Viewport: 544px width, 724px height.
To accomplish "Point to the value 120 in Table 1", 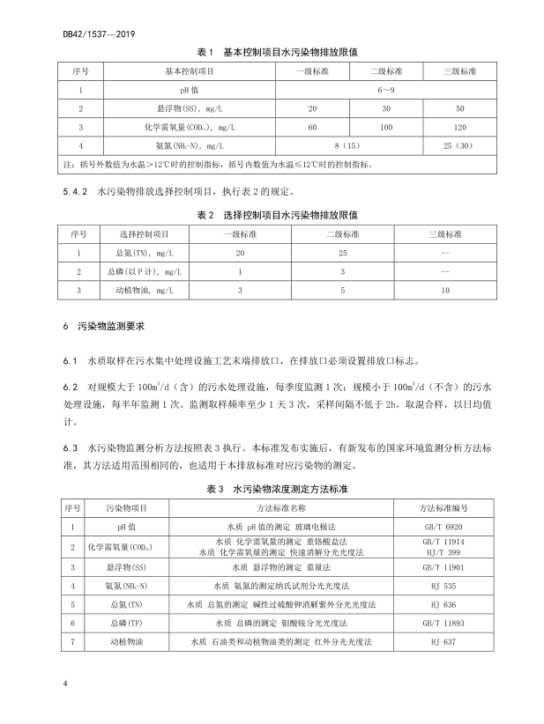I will pyautogui.click(x=458, y=127).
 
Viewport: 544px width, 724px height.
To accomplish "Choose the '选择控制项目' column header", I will pyautogui.click(x=144, y=233).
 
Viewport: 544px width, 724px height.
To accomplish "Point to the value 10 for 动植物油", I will pyautogui.click(x=445, y=289).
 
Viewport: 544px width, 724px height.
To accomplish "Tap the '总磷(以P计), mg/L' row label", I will pyautogui.click(x=144, y=270).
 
